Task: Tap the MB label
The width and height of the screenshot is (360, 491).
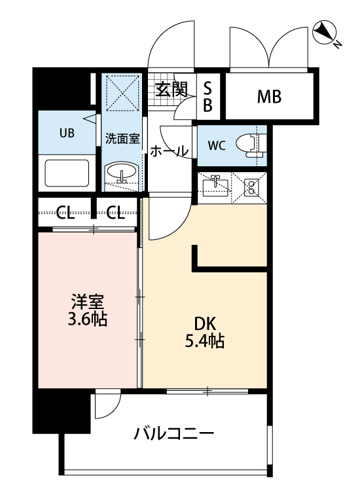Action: [x=269, y=97]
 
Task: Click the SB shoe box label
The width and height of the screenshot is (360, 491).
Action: [x=207, y=97]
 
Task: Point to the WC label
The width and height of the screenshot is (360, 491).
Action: [x=217, y=145]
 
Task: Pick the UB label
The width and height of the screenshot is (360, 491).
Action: [x=67, y=133]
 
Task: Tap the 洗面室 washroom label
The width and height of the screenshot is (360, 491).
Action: [x=122, y=139]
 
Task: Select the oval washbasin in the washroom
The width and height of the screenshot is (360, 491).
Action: [x=122, y=174]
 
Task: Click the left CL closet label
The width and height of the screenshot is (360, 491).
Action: [x=64, y=211]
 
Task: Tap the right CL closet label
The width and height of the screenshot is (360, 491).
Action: [x=116, y=211]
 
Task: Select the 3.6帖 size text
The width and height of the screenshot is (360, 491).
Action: [x=88, y=320]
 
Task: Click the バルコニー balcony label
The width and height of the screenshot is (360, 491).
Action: [x=174, y=433]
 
